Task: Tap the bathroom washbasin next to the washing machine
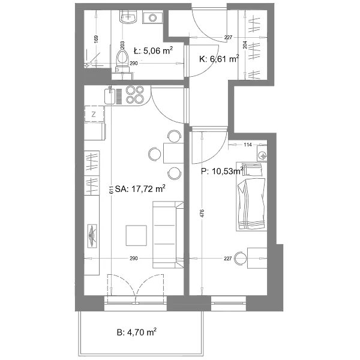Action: click(x=128, y=17)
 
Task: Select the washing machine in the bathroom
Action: click(x=152, y=17)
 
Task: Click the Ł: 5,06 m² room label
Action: click(x=154, y=50)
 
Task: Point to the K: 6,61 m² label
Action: click(x=219, y=59)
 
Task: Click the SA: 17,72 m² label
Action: click(x=140, y=189)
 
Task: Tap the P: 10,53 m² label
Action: click(x=222, y=171)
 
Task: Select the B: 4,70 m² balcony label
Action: click(x=137, y=332)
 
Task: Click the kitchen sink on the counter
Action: click(x=110, y=96)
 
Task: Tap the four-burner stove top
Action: click(x=135, y=95)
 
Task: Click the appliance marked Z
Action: click(x=94, y=114)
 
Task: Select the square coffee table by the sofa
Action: click(x=136, y=235)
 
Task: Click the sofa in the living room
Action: click(x=168, y=235)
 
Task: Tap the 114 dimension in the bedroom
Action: click(x=248, y=145)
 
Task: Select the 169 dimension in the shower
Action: click(x=96, y=39)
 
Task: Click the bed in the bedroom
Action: click(x=251, y=197)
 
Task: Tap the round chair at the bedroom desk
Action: click(x=239, y=258)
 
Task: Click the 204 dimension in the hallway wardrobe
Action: click(x=245, y=44)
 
